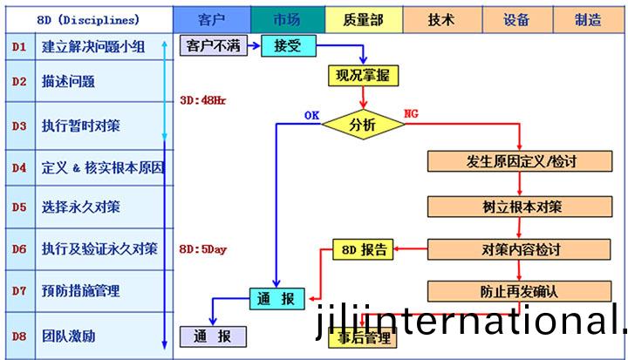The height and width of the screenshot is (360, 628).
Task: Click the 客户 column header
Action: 212,18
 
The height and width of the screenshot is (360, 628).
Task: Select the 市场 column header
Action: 287,18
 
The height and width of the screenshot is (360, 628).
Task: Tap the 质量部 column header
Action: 364,18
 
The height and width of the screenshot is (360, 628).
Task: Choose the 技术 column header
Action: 441,18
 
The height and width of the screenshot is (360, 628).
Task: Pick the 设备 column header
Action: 516,18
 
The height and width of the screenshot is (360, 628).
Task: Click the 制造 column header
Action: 588,18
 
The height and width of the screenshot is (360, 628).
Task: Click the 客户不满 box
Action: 214,46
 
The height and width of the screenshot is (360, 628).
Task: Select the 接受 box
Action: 287,46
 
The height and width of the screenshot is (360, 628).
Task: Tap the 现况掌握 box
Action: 364,77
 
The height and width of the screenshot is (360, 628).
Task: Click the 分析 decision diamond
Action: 363,125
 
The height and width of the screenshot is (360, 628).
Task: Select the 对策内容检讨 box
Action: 521,249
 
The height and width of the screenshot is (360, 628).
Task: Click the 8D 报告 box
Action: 362,250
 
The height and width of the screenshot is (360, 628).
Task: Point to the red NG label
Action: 412,112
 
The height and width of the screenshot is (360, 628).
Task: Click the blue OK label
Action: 311,114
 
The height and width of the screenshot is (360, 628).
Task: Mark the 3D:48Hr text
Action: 202,100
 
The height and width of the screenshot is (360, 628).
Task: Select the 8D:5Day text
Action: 202,249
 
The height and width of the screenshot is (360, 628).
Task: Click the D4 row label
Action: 19,166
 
